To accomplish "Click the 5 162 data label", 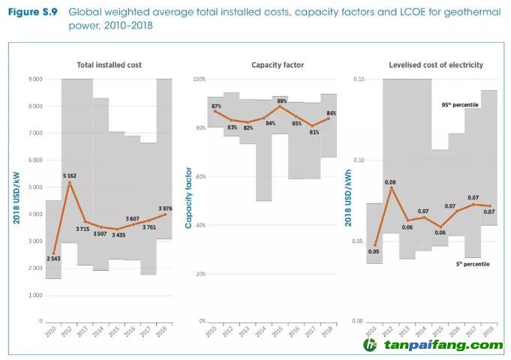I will coord(69,175).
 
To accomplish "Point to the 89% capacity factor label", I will coord(281,100).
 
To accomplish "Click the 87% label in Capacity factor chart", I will coord(217,106).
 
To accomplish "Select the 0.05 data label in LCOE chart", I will coord(374,251).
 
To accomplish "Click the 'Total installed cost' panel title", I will coord(110,65).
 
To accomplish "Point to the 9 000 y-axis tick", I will coord(35,79).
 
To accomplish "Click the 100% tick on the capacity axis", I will coord(199,79).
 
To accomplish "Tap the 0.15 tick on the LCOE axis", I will coord(359,79).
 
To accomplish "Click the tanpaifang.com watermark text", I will coord(443,346).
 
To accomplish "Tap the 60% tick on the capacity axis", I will coord(200,177).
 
